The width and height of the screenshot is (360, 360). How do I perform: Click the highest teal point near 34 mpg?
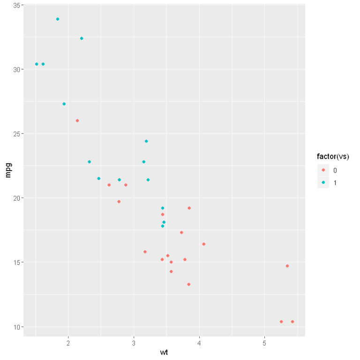(x=58, y=19)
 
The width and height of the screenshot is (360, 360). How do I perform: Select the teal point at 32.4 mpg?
(x=82, y=38)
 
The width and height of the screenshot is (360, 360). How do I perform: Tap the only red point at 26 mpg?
(x=77, y=120)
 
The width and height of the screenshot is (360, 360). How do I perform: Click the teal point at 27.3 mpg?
(x=64, y=104)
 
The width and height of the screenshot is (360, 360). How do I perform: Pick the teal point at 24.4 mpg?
(x=146, y=141)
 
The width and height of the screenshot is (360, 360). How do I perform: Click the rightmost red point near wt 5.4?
(x=292, y=322)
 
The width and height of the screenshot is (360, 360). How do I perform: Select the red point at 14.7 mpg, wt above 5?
(x=287, y=266)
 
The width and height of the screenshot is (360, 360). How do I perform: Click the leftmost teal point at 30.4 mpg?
(x=37, y=64)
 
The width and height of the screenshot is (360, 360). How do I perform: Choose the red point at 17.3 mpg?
(x=181, y=232)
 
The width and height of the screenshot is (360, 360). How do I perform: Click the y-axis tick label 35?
(x=16, y=5)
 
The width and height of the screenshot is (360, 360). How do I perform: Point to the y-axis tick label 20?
(x=16, y=198)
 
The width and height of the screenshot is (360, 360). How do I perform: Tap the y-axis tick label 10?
(x=16, y=327)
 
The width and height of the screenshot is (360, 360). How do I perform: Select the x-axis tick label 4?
(x=200, y=343)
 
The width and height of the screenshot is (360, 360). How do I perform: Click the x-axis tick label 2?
(x=68, y=343)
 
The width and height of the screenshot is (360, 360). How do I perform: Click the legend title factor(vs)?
(x=333, y=156)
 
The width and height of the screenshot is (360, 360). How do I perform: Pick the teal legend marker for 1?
(x=323, y=182)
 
